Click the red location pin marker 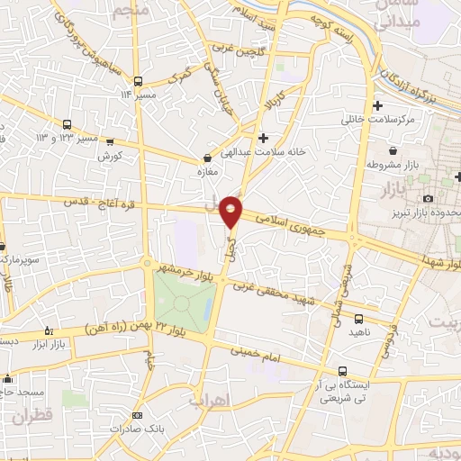(x=231, y=212)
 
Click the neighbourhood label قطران (x=33, y=418)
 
